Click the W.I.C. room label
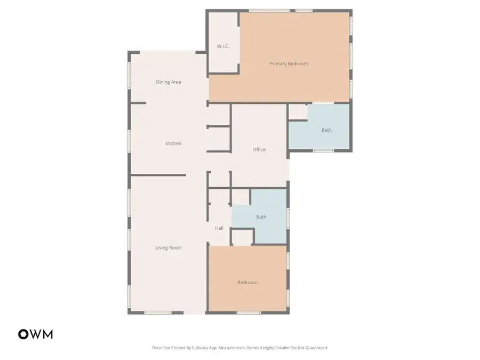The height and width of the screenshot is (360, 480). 223,46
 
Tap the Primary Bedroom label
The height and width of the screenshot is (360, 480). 289,63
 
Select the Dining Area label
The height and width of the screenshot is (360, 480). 169,82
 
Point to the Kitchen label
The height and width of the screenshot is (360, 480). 173,143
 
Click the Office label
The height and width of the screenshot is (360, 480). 259,149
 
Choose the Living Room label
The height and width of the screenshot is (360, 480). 169,247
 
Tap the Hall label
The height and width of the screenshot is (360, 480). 219,228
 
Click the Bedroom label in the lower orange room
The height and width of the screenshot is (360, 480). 247,283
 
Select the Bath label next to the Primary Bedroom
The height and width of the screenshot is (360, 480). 326,130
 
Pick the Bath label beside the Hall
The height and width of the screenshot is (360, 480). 261,217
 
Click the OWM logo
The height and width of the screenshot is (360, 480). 36,334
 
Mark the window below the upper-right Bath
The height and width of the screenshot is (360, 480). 323,151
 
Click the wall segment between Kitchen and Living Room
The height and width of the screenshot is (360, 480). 158,175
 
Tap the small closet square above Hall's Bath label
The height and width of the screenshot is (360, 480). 241,197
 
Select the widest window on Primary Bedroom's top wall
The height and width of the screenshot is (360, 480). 269,11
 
